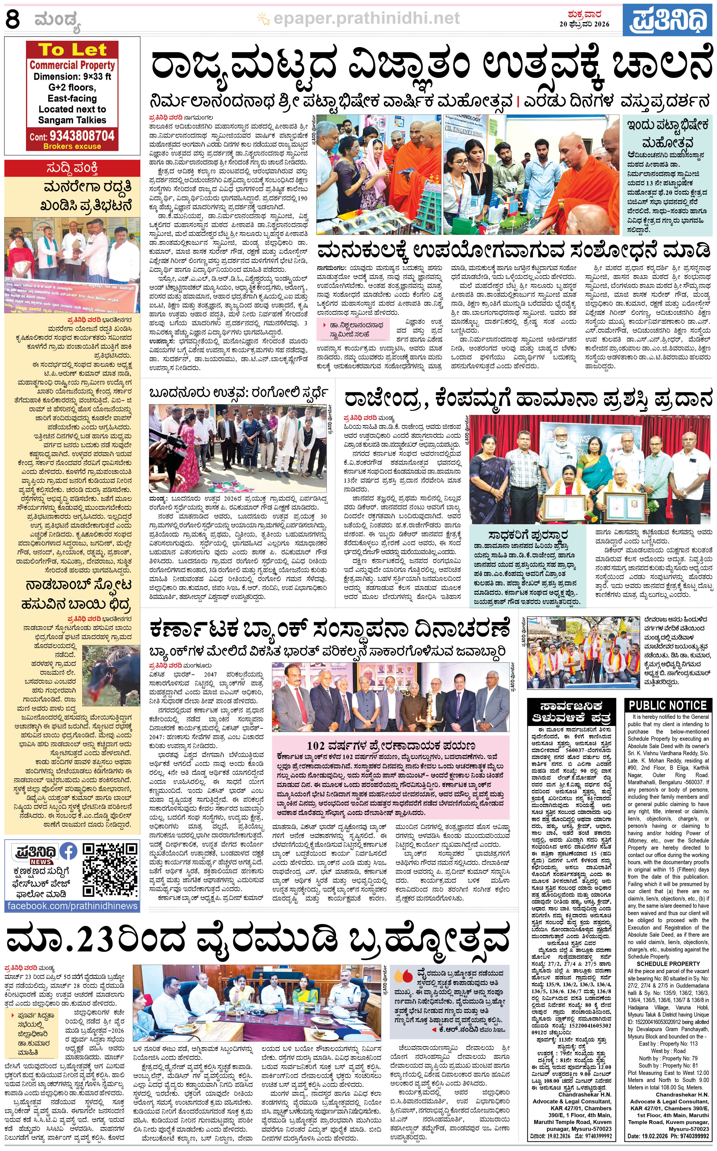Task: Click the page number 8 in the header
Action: (13, 20)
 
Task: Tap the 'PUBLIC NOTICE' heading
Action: (668, 705)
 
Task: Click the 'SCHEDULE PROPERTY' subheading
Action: (668, 964)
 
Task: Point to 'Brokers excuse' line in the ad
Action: (72, 146)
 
